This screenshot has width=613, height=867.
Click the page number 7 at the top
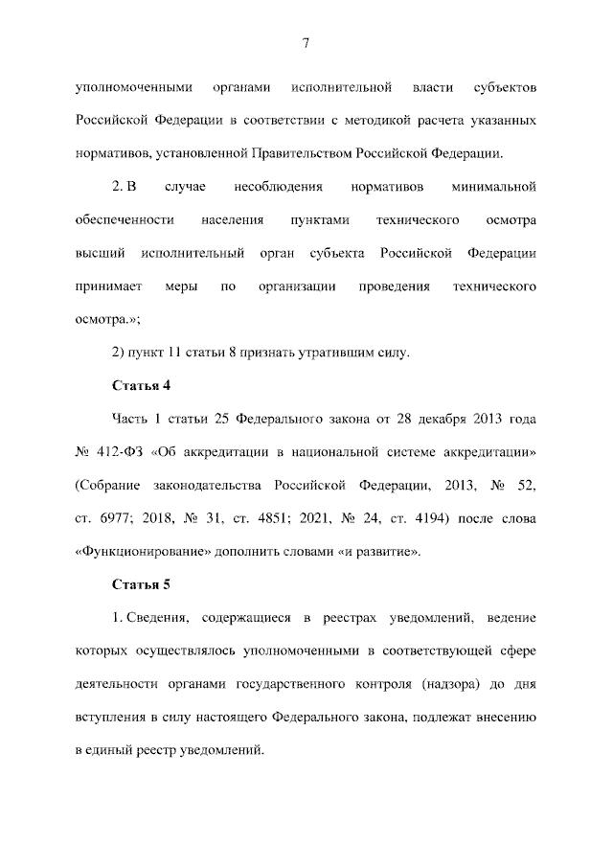(305, 42)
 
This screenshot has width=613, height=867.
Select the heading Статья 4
(142, 386)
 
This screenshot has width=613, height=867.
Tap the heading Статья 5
(142, 583)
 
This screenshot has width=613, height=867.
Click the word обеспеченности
(124, 220)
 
